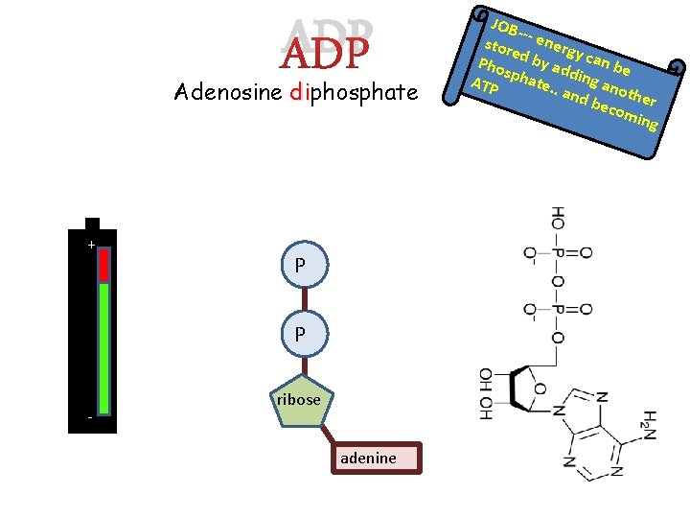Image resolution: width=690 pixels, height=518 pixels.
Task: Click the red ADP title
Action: click(x=326, y=55)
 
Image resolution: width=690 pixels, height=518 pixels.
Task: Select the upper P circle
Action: click(x=300, y=266)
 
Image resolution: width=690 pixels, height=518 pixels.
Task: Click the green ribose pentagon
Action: click(x=300, y=401)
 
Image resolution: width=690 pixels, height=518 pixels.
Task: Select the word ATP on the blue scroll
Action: click(x=486, y=87)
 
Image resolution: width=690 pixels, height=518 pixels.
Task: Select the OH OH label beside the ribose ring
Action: click(x=486, y=393)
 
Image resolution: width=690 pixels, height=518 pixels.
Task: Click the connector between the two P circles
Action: click(x=300, y=300)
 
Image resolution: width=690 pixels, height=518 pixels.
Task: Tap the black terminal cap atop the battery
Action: click(x=92, y=223)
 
